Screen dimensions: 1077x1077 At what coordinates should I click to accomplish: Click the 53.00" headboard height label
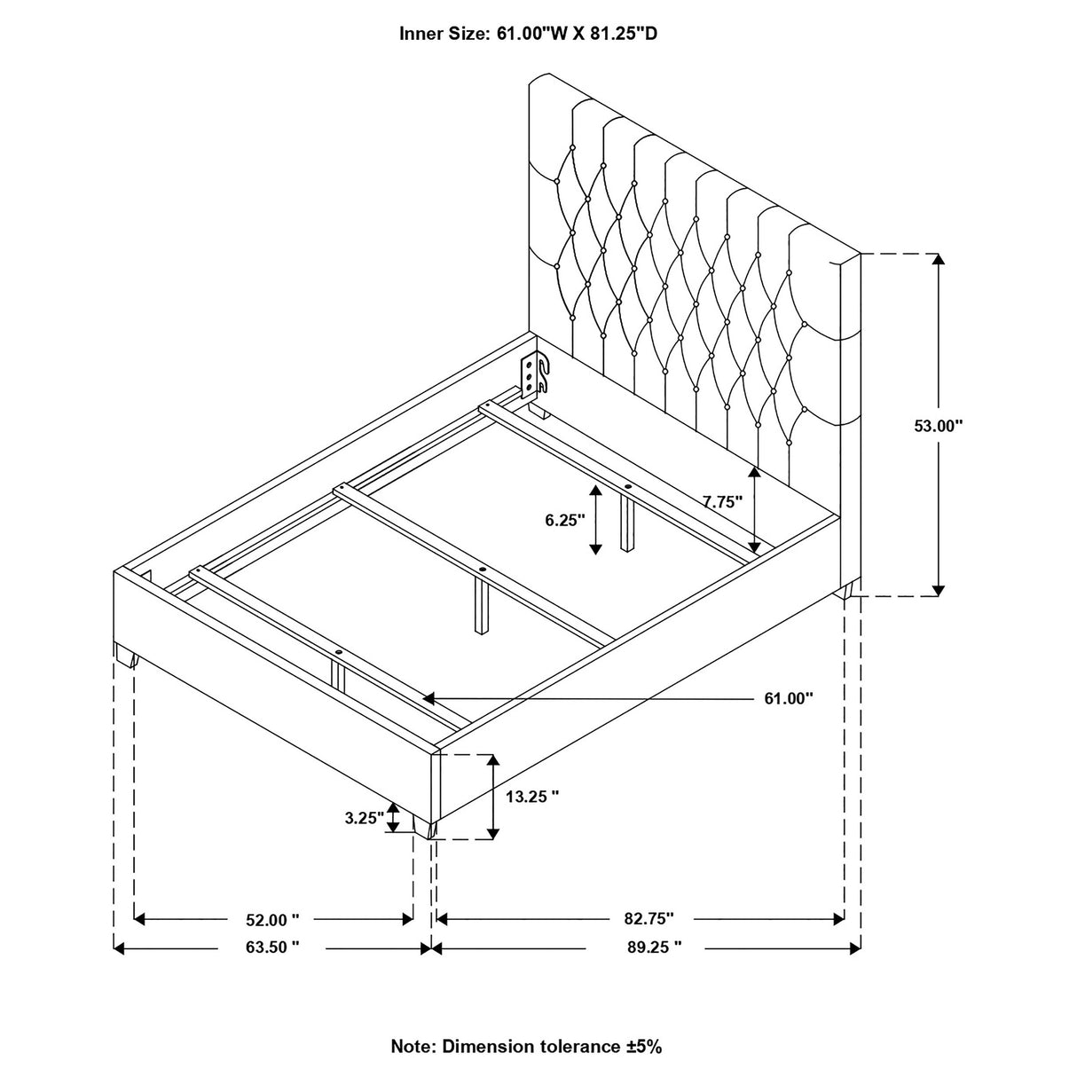939,426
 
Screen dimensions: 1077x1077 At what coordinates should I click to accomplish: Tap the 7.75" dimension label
723,501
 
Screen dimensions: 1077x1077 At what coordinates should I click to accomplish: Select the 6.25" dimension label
565,521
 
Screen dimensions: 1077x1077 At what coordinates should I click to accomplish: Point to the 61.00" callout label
789,698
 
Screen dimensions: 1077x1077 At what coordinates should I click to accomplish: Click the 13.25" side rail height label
532,797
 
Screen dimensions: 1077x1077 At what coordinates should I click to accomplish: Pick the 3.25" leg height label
365,818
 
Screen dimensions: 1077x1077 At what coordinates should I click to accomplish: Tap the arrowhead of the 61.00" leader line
428,698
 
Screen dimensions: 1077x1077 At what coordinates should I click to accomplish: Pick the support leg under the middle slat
481,606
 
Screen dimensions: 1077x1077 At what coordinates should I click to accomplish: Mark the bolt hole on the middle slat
483,570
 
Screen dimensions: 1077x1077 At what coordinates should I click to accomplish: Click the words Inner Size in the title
443,34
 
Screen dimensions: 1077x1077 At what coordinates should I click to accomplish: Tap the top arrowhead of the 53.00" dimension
939,259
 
